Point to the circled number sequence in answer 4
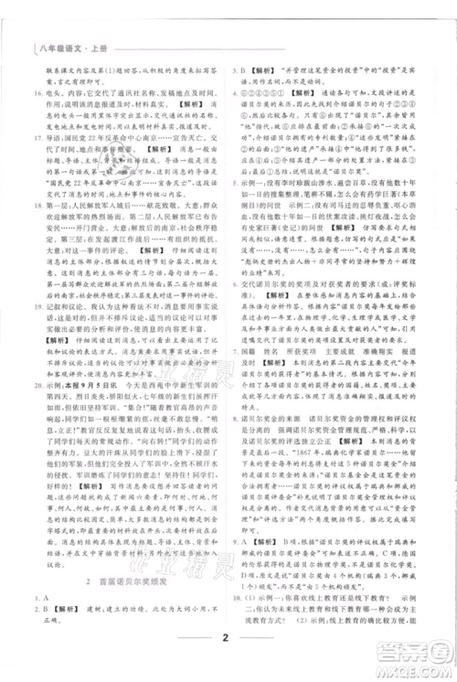click(271, 92)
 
